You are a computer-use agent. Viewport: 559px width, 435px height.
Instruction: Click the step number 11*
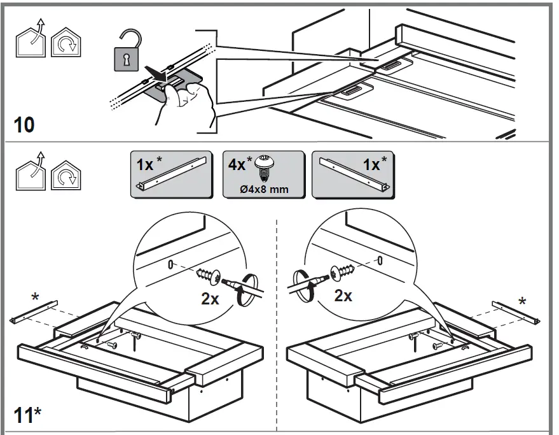click(27, 415)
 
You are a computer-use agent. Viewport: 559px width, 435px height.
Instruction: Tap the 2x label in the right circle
click(344, 296)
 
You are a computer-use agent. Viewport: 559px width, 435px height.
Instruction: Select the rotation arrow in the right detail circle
click(305, 281)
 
